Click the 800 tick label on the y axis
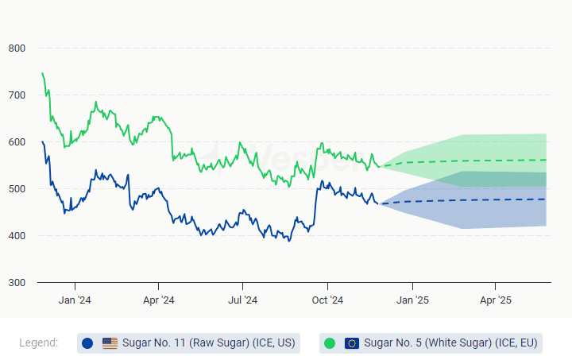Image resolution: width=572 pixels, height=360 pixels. (x=17, y=48)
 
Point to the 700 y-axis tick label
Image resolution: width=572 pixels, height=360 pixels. (x=17, y=95)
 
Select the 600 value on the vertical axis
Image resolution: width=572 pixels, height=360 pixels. (x=17, y=142)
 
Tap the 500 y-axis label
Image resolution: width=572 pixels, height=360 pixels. (x=17, y=189)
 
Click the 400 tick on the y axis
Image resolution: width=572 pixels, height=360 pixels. (x=17, y=236)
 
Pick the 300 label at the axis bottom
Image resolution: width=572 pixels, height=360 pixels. (x=17, y=283)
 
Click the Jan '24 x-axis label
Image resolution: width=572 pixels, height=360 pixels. (x=75, y=300)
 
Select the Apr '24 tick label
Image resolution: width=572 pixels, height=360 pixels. (x=158, y=300)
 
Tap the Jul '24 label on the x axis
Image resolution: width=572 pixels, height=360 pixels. (x=242, y=300)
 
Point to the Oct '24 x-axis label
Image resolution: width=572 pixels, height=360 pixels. (x=327, y=300)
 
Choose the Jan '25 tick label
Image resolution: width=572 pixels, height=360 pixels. (x=412, y=300)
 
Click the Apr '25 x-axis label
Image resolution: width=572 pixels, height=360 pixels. (x=495, y=300)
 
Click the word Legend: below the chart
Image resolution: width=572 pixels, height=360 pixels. (x=39, y=343)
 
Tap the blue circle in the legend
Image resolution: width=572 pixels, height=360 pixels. (x=87, y=343)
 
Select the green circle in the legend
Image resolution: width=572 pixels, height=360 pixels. (x=330, y=343)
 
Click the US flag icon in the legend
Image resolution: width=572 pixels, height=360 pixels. (x=110, y=343)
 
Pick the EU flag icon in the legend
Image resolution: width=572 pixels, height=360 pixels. (x=352, y=343)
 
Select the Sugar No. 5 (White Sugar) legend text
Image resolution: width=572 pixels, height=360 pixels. (x=450, y=343)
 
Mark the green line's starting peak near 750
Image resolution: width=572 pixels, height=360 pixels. (x=42, y=73)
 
